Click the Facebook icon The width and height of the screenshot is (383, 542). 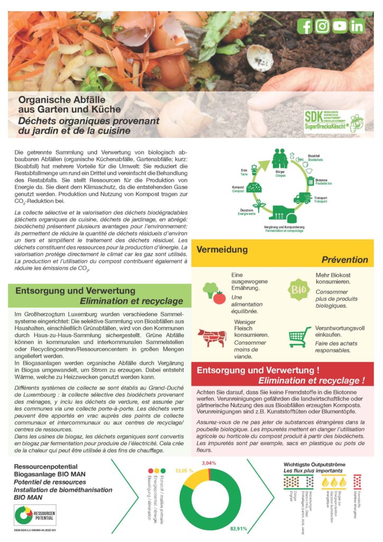point(305,26)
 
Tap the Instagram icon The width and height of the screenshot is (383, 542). point(322,26)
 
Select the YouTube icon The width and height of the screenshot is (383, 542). point(340,26)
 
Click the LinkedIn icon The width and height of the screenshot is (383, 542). point(357,26)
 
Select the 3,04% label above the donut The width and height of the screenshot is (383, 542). point(209,463)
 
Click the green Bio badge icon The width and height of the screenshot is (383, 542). point(297,290)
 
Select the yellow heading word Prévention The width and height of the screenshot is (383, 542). point(344,260)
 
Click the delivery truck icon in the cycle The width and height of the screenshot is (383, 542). point(302,198)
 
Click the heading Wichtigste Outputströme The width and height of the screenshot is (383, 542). point(314,464)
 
